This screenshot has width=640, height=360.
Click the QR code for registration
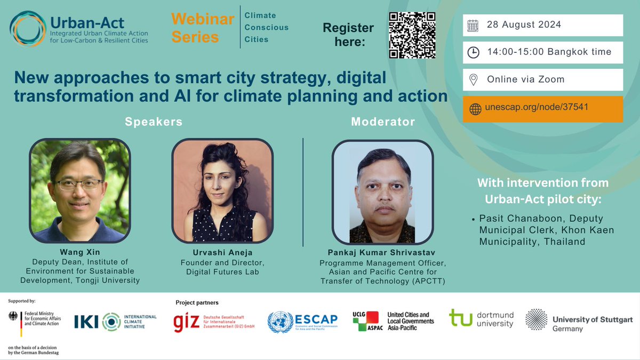click(x=412, y=35)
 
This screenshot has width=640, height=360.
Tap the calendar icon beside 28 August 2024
click(x=473, y=25)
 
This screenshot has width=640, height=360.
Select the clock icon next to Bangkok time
click(x=473, y=52)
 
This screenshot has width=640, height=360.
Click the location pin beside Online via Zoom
click(x=473, y=79)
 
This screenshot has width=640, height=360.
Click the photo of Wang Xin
click(x=80, y=190)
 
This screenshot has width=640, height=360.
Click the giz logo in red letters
click(x=186, y=322)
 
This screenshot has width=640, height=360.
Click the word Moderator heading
click(x=382, y=122)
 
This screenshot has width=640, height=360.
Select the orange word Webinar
click(x=202, y=20)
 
